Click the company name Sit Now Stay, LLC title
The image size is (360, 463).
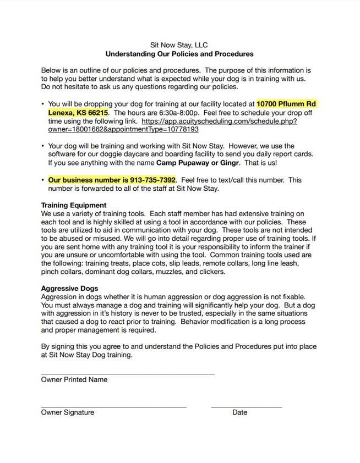[179, 45]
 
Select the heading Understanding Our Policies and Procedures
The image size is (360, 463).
[179, 54]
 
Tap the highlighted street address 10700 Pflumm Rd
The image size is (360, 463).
[286, 103]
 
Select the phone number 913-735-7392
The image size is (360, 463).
[152, 180]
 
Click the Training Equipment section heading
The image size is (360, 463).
[74, 205]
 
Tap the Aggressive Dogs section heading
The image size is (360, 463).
[70, 288]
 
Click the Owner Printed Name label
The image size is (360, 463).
[74, 379]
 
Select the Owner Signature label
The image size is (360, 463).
[67, 412]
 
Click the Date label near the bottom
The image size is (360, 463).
[239, 412]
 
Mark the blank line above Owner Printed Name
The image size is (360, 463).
[128, 374]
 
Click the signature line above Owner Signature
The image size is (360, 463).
[113, 407]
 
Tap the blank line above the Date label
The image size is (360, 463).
[246, 407]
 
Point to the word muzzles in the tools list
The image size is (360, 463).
[171, 272]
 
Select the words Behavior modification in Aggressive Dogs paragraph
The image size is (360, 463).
[213, 322]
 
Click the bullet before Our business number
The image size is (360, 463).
[43, 180]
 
